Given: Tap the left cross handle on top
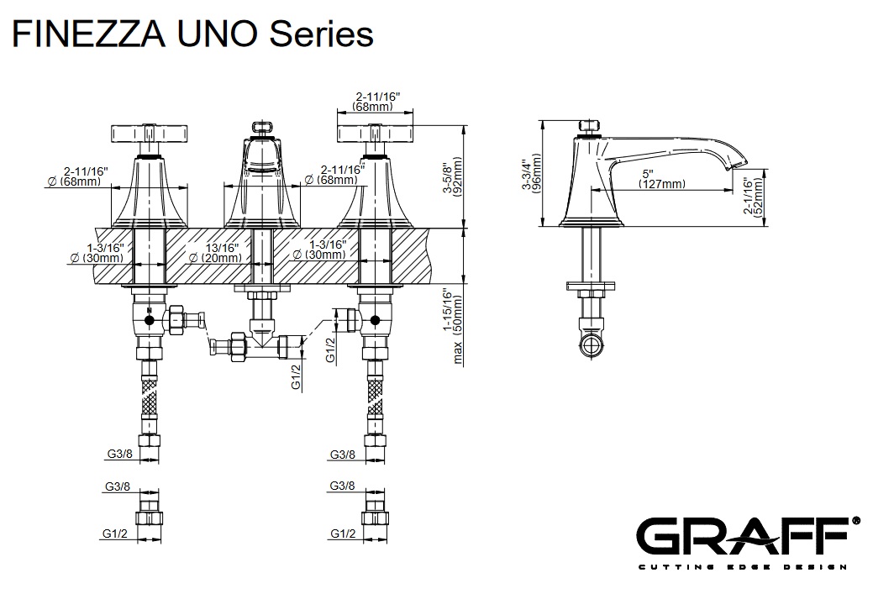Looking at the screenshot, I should [148, 134].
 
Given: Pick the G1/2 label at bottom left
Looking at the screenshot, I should [116, 534].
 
